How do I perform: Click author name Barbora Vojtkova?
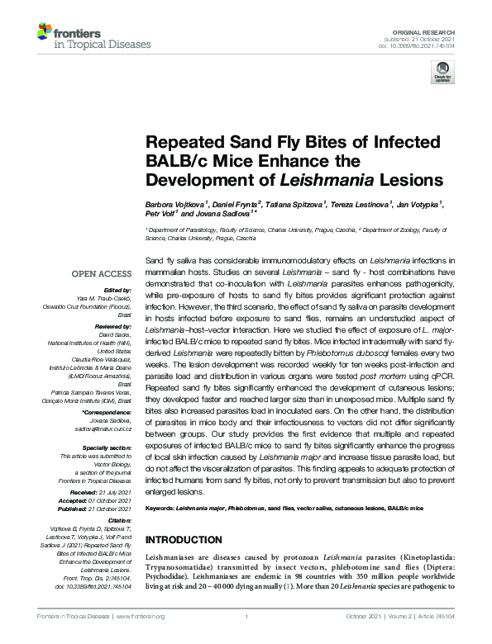pyautogui.click(x=171, y=202)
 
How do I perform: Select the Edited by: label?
pyautogui.click(x=116, y=291)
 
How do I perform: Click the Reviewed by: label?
pyautogui.click(x=111, y=326)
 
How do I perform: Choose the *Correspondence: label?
pyautogui.click(x=107, y=412)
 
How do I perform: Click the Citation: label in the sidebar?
pyautogui.click(x=118, y=521)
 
